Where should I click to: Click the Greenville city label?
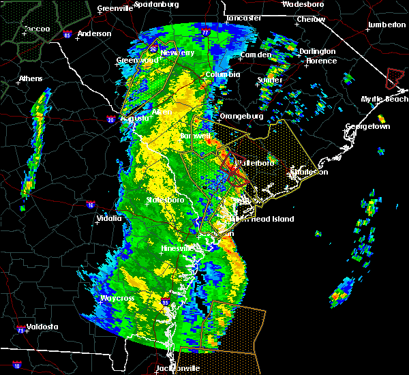[114, 9]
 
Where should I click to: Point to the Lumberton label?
[386, 25]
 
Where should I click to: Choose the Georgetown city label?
[367, 127]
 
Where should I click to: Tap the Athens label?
[30, 78]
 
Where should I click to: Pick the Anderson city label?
[94, 33]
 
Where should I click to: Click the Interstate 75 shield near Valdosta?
[22, 331]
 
